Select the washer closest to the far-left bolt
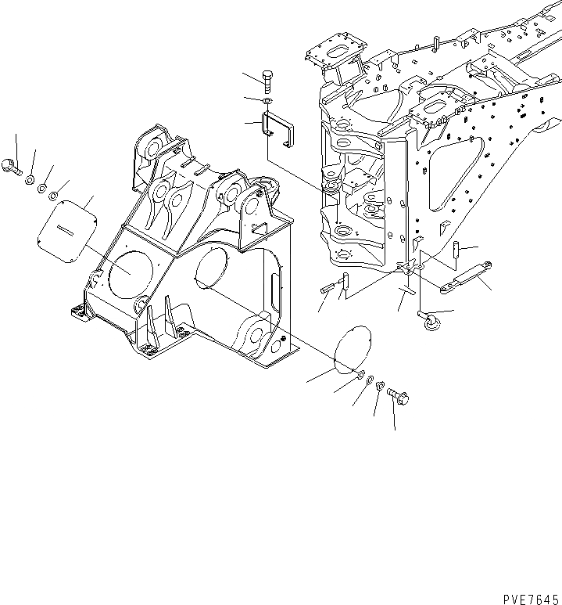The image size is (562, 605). click(x=30, y=180)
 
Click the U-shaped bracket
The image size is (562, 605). click(x=279, y=128)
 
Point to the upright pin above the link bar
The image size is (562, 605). click(x=455, y=250)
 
